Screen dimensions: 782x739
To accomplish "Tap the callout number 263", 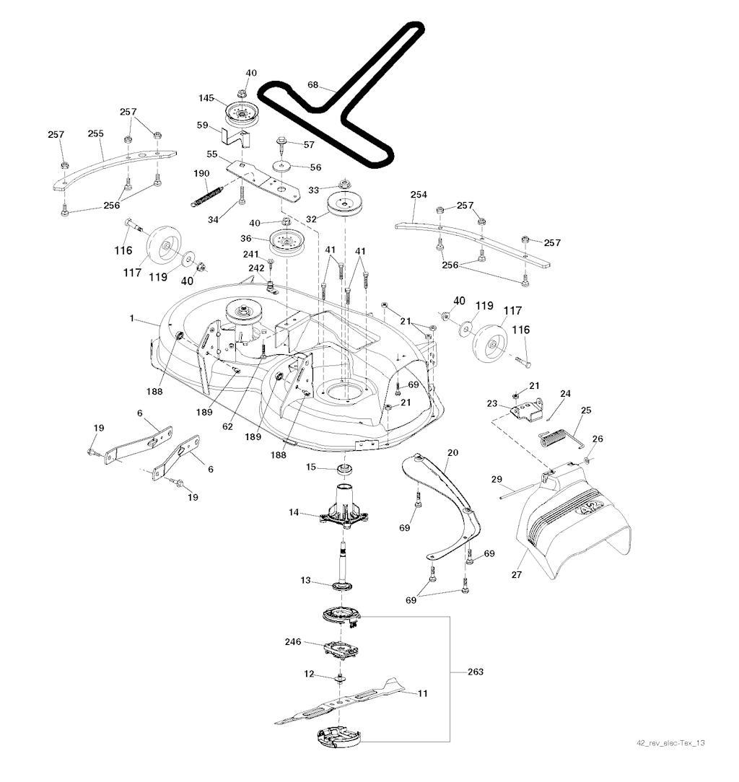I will [x=475, y=672].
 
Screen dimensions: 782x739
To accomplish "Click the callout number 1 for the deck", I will [x=132, y=317].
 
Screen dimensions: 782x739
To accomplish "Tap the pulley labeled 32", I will [x=344, y=206].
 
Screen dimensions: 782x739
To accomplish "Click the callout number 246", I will [x=292, y=641].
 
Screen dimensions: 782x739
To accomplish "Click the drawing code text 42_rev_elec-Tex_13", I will [x=670, y=743].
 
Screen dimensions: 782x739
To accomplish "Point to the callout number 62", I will [x=228, y=426].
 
